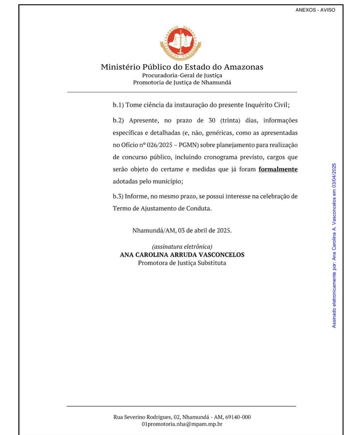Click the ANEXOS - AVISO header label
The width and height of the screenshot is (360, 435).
315,10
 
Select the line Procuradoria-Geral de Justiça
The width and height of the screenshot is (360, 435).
182,75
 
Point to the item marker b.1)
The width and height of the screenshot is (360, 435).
118,105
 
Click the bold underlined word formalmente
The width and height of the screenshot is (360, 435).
278,169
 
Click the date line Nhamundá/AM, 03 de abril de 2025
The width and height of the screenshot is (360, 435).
182,231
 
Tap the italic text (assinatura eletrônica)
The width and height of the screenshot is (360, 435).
182,247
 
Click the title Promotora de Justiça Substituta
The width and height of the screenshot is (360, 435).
182,263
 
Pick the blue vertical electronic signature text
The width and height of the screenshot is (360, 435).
334,245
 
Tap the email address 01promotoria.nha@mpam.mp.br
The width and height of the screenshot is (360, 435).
182,424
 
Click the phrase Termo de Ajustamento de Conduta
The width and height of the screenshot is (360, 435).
162,209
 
